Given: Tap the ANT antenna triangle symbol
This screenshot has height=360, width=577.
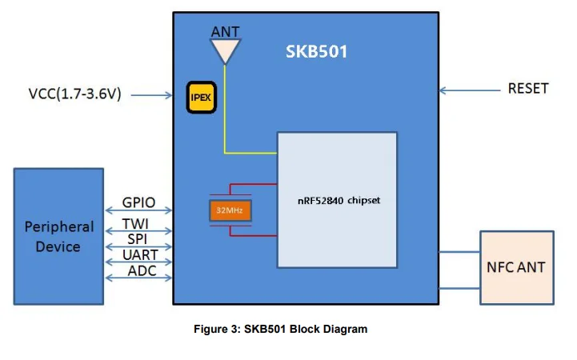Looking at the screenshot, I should pos(225,52).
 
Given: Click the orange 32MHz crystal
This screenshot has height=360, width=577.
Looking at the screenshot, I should pos(230,211).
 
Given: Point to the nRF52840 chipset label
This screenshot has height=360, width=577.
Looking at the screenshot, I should pos(338,201).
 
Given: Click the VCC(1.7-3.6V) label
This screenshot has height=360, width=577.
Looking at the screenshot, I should pos(75,95).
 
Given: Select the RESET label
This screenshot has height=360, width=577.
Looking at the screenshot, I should pos(528,89).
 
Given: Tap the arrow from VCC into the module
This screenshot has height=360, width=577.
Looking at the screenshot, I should pos(151,95).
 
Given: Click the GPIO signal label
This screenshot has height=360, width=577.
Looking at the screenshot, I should pos(138,203).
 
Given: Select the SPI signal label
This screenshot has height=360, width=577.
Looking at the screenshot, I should pos(138,239).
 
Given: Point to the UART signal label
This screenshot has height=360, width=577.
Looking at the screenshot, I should pos(139,255).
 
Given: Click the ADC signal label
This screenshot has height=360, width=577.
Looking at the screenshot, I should pos(139,271).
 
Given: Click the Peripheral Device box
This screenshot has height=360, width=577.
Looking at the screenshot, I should pos(58,236).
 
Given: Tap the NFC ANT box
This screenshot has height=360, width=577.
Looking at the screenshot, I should pos(515,266).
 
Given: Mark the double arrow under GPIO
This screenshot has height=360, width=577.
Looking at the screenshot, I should pos(138,212).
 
